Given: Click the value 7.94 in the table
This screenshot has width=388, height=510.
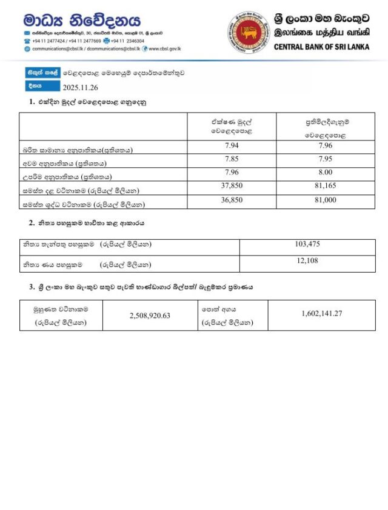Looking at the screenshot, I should [x=232, y=145].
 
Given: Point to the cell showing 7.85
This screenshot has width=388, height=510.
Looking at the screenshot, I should [x=232, y=160].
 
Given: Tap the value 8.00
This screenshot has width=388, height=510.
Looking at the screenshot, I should [x=326, y=174].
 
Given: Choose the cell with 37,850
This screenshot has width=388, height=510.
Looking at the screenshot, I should [x=232, y=187].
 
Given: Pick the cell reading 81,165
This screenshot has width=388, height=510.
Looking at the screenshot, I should [x=326, y=187].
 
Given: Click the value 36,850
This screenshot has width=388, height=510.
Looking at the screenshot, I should [x=232, y=200].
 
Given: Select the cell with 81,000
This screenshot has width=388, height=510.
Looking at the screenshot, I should [x=326, y=200].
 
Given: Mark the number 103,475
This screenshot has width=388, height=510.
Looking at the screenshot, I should [x=307, y=244].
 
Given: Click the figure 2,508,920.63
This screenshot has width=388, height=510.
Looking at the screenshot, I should [x=151, y=316].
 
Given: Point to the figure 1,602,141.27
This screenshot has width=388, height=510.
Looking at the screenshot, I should [x=321, y=313].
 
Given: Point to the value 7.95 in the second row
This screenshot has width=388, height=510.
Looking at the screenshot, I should [x=326, y=160].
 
